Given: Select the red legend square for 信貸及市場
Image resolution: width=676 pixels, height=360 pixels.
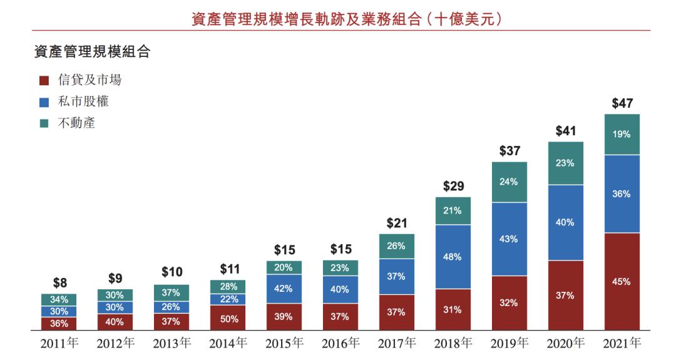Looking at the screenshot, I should tap(44, 80).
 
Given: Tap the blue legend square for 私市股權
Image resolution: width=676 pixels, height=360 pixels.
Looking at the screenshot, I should tap(44, 101).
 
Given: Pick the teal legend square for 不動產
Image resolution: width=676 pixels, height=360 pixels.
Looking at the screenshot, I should tap(44, 123).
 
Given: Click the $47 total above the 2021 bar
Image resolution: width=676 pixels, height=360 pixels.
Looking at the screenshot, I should tap(622, 103).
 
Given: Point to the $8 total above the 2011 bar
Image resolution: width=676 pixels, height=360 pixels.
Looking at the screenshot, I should tap(59, 282).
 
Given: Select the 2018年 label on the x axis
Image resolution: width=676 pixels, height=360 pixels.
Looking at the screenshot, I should tap(453, 344).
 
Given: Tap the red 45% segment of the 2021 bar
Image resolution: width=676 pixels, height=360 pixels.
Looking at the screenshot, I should tap(622, 282).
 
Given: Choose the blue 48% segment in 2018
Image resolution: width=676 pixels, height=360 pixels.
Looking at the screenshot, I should tap(453, 257).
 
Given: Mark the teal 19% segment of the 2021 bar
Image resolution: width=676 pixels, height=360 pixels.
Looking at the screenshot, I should tap(622, 134).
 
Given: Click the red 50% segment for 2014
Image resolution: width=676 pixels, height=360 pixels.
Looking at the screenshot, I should tap(228, 318).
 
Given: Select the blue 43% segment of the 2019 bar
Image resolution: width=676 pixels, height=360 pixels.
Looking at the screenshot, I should tap(509, 239).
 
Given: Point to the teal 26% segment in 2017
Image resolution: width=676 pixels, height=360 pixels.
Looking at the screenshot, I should tap(396, 246).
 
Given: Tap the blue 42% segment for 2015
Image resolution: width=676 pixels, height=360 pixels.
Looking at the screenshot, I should tap(284, 289).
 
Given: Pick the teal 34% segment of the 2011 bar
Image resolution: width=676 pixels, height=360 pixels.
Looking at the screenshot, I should tap(59, 299).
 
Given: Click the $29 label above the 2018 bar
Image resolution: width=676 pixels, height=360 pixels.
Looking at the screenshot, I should tap(453, 187).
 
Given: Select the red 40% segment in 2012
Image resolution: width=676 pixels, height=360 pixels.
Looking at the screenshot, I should tap(115, 322).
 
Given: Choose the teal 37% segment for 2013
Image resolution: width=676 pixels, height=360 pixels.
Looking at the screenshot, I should tap(172, 292).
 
